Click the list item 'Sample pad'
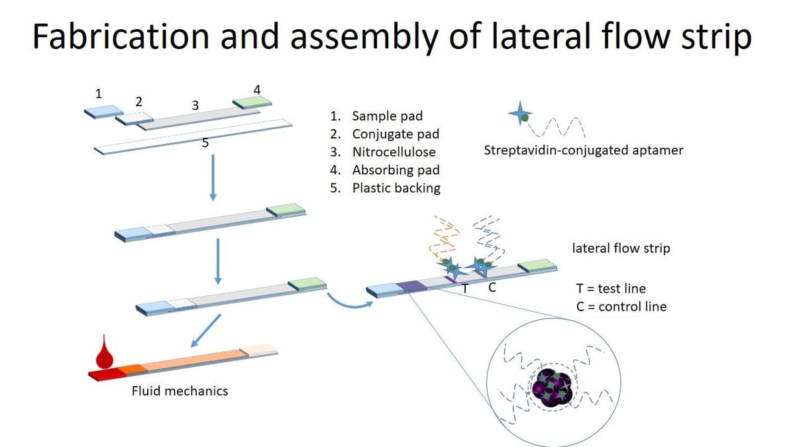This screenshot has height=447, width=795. (x=387, y=116)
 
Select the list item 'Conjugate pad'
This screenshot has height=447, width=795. (x=395, y=134)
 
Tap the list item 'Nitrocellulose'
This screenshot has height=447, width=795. (x=394, y=152)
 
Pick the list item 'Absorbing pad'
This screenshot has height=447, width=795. (x=396, y=170)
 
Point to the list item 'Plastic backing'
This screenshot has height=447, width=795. (x=396, y=187)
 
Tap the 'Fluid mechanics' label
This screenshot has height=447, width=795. (x=180, y=391)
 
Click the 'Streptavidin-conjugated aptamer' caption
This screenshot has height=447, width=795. (x=583, y=150)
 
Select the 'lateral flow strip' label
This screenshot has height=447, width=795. (x=621, y=248)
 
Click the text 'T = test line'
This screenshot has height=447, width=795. (x=611, y=288)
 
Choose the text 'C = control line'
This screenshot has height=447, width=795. (x=621, y=306)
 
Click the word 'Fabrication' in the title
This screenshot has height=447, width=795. (x=121, y=36)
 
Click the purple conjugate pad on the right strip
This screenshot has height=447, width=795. (x=411, y=286)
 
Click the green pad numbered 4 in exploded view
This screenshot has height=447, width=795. (x=252, y=101)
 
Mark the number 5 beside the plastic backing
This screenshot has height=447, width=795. (x=205, y=142)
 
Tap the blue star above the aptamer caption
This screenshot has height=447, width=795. (x=519, y=114)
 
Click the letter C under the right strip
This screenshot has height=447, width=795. (x=492, y=288)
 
